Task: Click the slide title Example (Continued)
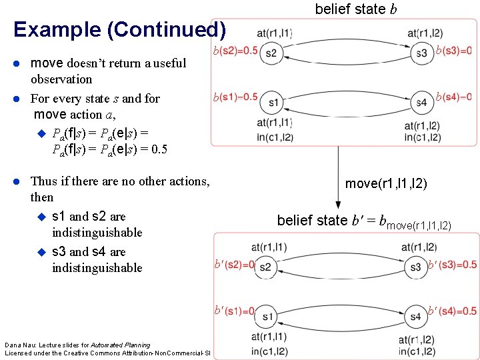(119, 30)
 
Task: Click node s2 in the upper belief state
(271, 53)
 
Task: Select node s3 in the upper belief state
(421, 53)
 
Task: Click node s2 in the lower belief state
(265, 267)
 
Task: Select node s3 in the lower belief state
(416, 267)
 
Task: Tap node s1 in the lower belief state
(267, 316)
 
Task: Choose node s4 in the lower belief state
(416, 316)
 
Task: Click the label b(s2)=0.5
(235, 51)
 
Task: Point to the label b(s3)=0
(453, 51)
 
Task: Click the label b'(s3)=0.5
(452, 265)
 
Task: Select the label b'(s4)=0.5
(452, 311)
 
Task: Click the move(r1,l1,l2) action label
(386, 183)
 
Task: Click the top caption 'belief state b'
(351, 9)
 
